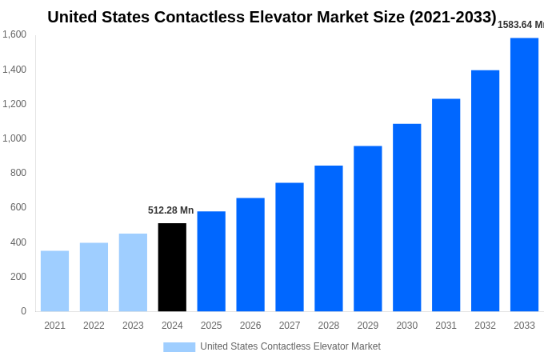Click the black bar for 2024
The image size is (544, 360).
coord(172,267)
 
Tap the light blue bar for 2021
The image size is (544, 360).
coord(54,281)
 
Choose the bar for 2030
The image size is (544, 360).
coord(406,218)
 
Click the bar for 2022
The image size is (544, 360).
coord(94,277)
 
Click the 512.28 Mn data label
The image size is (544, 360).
coord(170,210)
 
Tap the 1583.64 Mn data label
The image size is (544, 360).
coord(521,25)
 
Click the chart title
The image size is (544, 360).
coord(272,17)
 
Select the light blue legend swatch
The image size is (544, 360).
coord(179,346)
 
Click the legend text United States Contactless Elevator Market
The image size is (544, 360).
coord(290,346)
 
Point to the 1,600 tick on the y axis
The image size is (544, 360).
coord(14,34)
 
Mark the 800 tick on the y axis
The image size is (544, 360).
coord(18,173)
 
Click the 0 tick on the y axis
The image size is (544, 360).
coord(23,311)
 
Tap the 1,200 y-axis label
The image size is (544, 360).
coord(14,104)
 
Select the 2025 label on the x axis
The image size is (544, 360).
coord(211,326)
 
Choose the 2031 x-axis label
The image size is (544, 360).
coord(446,326)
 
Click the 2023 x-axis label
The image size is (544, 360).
coord(133,326)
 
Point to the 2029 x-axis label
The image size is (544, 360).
coord(367,326)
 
